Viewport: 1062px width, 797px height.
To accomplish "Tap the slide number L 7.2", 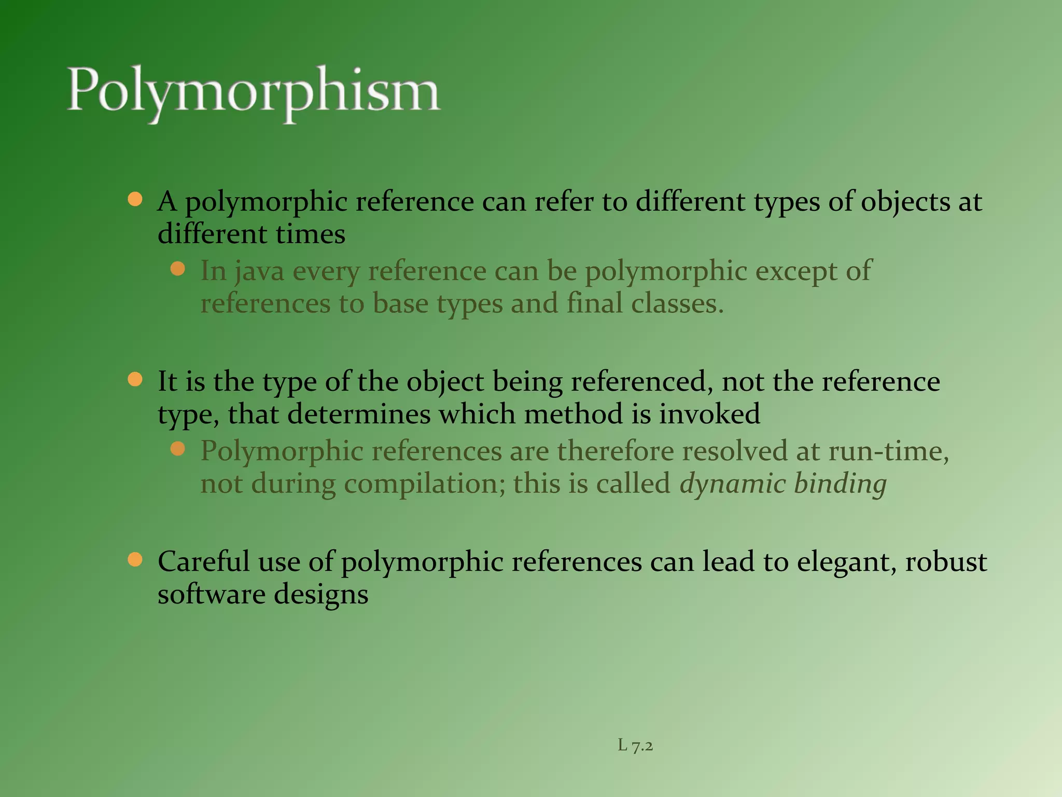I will pos(635,746).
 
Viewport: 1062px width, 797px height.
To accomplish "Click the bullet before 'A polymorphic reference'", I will pos(135,200).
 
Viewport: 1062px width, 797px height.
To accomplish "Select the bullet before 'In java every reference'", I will pos(178,269).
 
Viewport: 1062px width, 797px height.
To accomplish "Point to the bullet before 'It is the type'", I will pos(135,380).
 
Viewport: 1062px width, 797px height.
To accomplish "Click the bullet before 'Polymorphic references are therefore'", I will pos(178,449).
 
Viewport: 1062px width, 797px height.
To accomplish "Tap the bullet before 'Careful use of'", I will pos(135,560).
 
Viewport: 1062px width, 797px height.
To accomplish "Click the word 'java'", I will pos(259,271).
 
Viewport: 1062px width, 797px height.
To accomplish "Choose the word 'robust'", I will pos(946,561).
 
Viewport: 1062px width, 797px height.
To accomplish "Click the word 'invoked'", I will pos(709,414).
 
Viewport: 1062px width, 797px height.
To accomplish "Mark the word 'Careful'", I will pos(204,561).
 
